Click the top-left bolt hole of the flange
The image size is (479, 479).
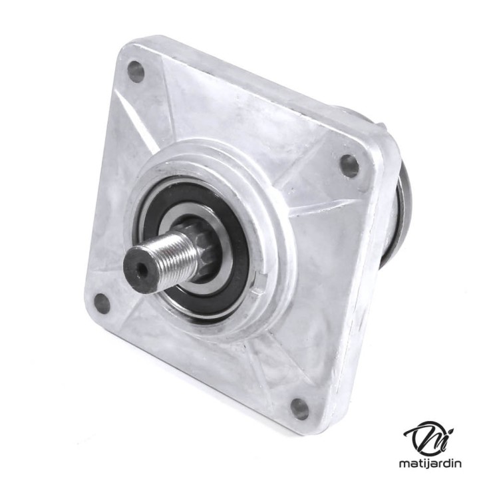click(136, 71)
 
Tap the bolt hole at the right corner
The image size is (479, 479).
click(349, 165)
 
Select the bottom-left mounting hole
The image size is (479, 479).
click(102, 303)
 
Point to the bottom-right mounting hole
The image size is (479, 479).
click(299, 408)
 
